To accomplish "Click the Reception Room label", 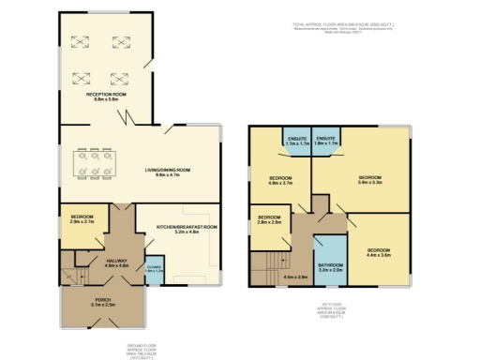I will [x=106, y=96].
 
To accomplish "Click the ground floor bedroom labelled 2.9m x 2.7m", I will [x=82, y=220].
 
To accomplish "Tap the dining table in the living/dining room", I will [x=95, y=166].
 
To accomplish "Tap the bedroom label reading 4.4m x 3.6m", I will [x=378, y=252].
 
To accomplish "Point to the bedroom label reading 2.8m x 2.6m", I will [x=270, y=222].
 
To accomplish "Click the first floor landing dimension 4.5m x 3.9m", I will [x=296, y=277].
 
